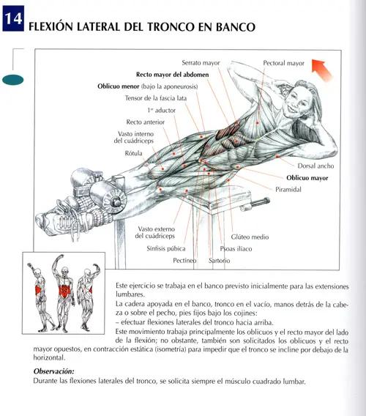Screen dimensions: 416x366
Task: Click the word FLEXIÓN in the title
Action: [x=53, y=27]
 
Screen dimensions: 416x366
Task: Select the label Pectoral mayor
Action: [x=283, y=63]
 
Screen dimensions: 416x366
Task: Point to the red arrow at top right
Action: [x=323, y=71]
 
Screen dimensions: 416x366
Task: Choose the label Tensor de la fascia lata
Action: [x=156, y=97]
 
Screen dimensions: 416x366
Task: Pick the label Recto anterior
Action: [x=146, y=122]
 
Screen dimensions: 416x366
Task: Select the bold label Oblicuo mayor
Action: [x=307, y=177]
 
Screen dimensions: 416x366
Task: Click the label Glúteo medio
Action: [x=250, y=237]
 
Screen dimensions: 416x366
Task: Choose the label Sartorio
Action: [x=219, y=261]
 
